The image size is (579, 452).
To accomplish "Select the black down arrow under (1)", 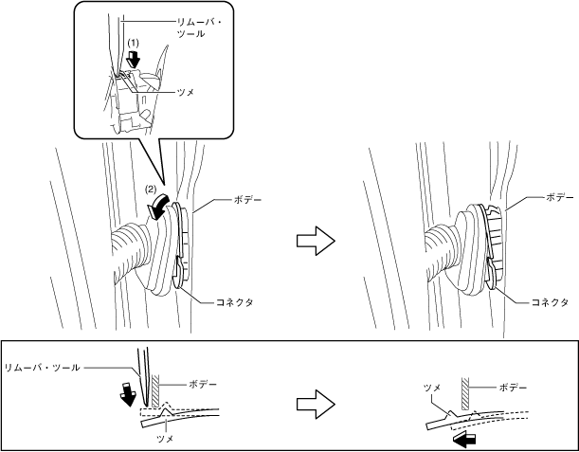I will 134,58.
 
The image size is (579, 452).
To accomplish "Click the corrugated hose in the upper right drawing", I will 443,244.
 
